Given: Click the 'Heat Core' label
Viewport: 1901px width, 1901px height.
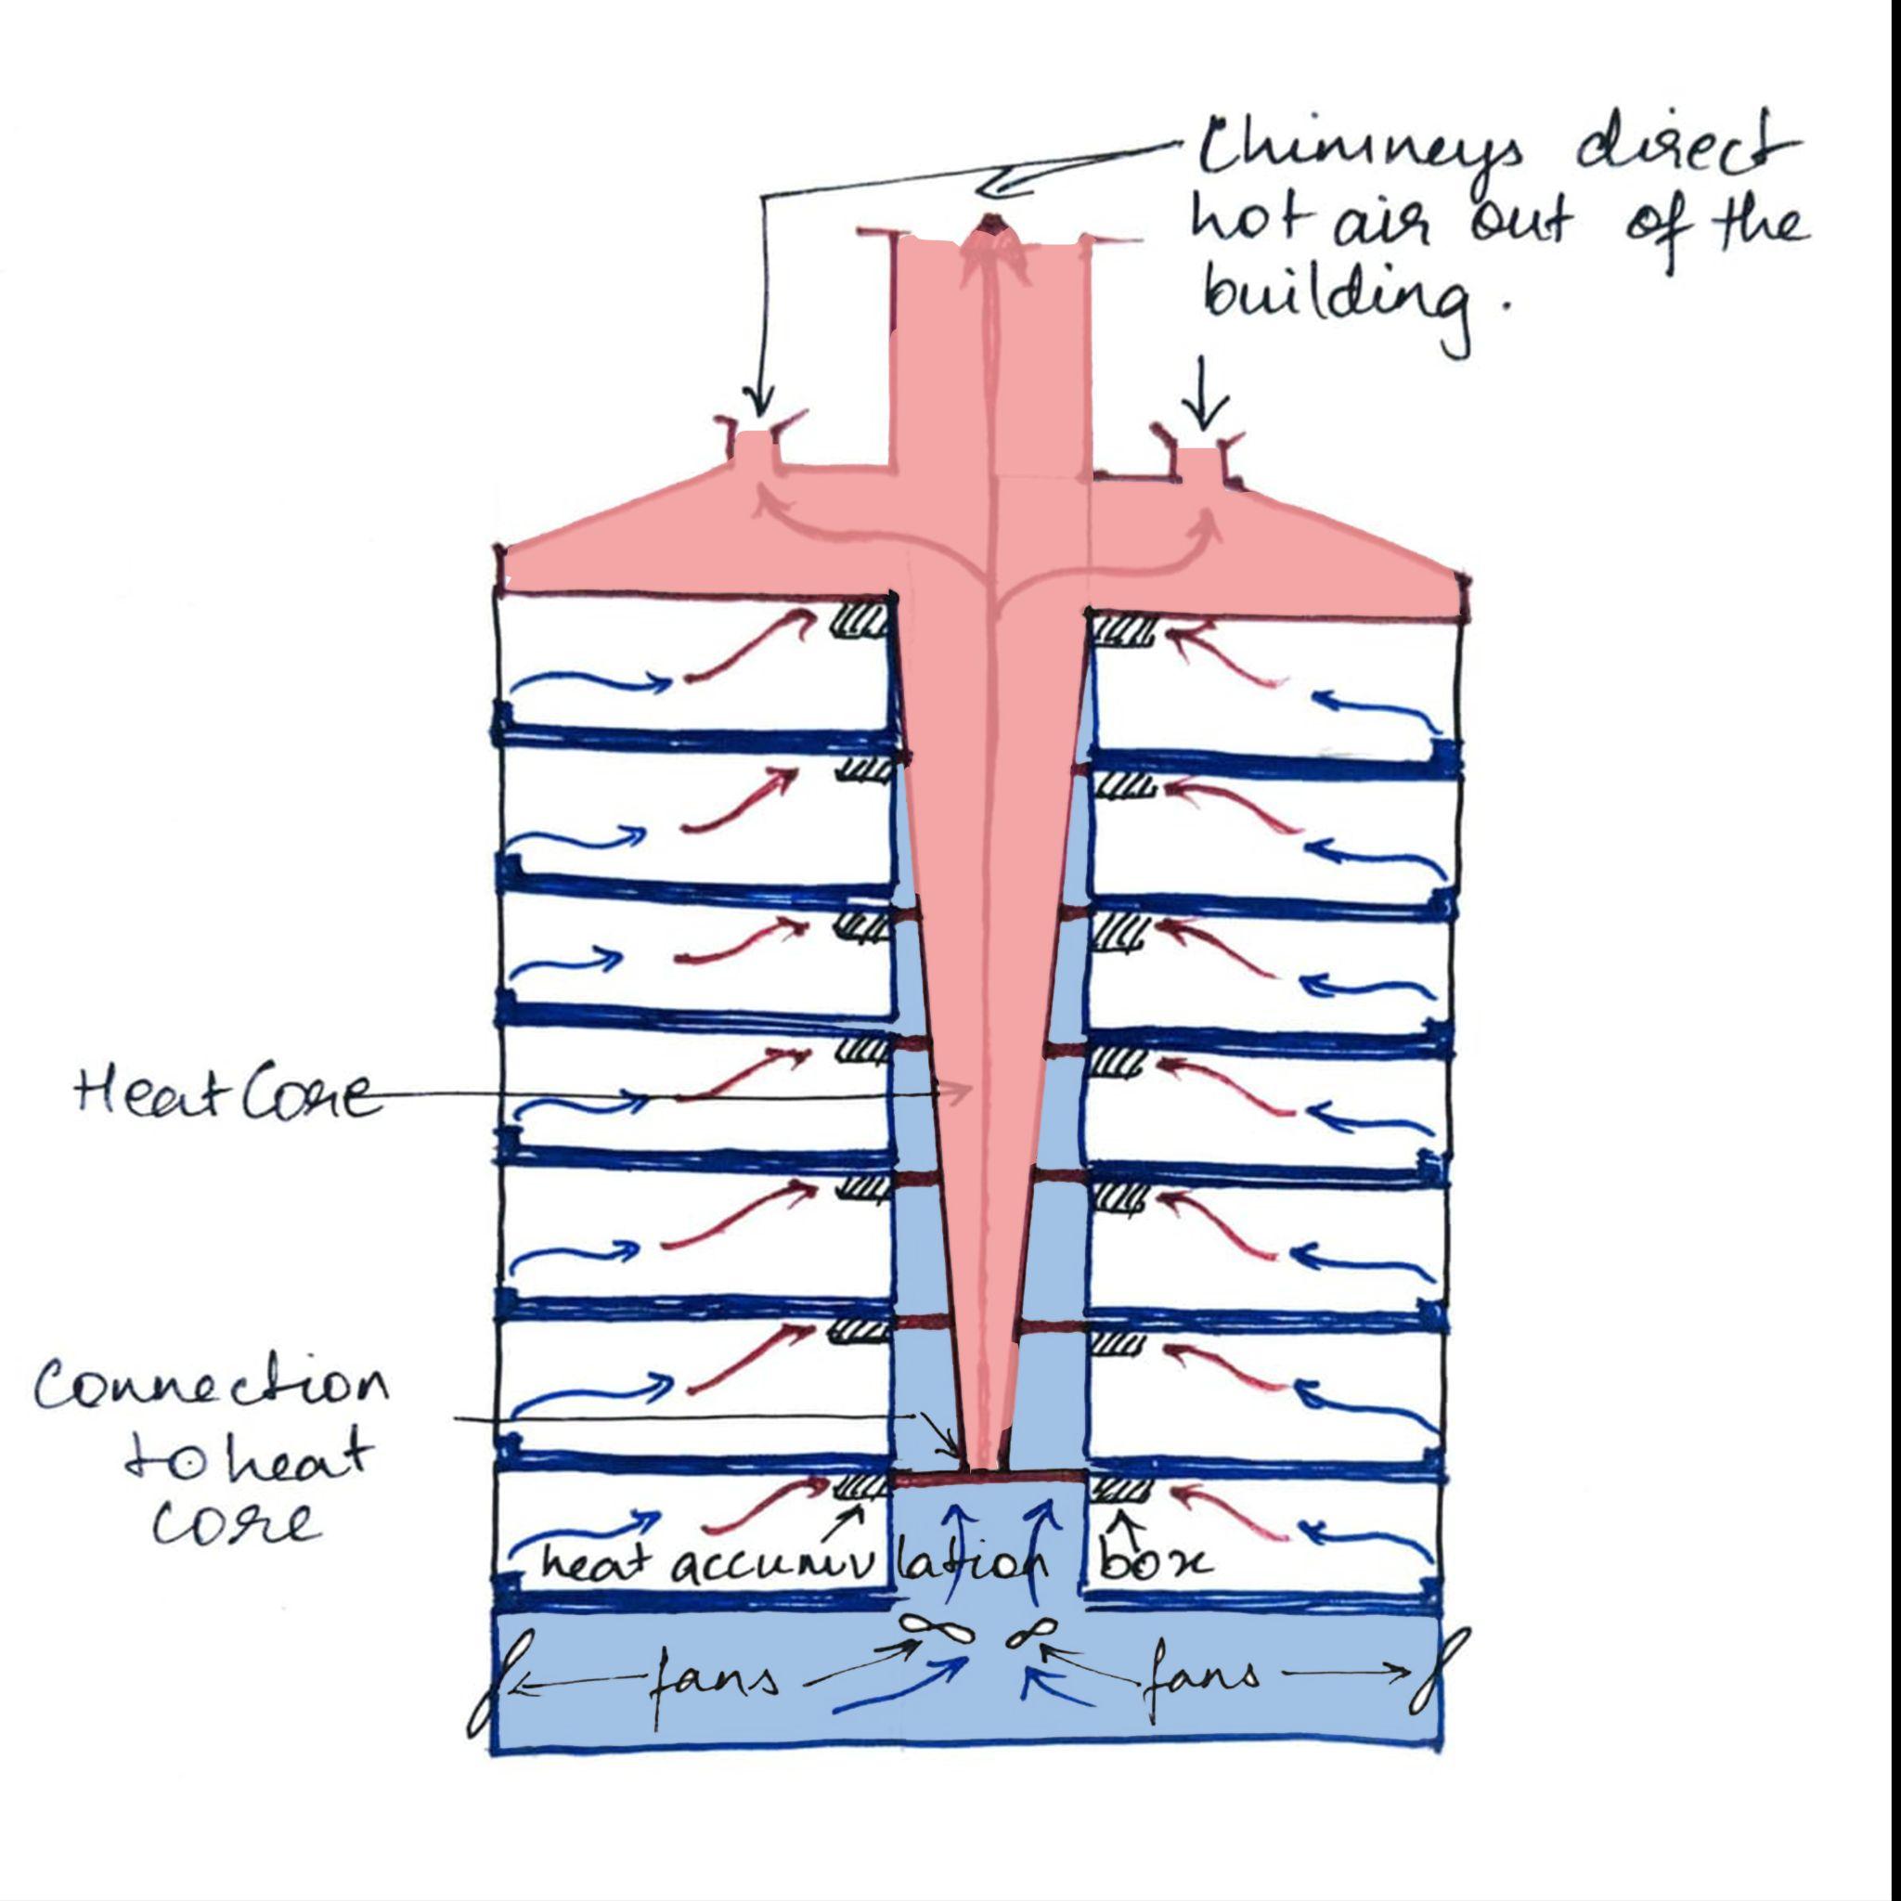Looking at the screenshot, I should click(x=225, y=1095).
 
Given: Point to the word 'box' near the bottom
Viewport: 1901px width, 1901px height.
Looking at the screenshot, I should click(x=1154, y=1563).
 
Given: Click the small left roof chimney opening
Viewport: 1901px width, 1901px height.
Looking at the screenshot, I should click(x=756, y=447).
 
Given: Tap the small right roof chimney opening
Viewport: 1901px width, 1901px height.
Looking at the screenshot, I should click(x=1199, y=462).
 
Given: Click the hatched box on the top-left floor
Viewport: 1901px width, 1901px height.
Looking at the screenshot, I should click(x=859, y=621).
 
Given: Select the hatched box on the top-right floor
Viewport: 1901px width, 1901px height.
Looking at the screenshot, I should click(x=1124, y=628).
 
